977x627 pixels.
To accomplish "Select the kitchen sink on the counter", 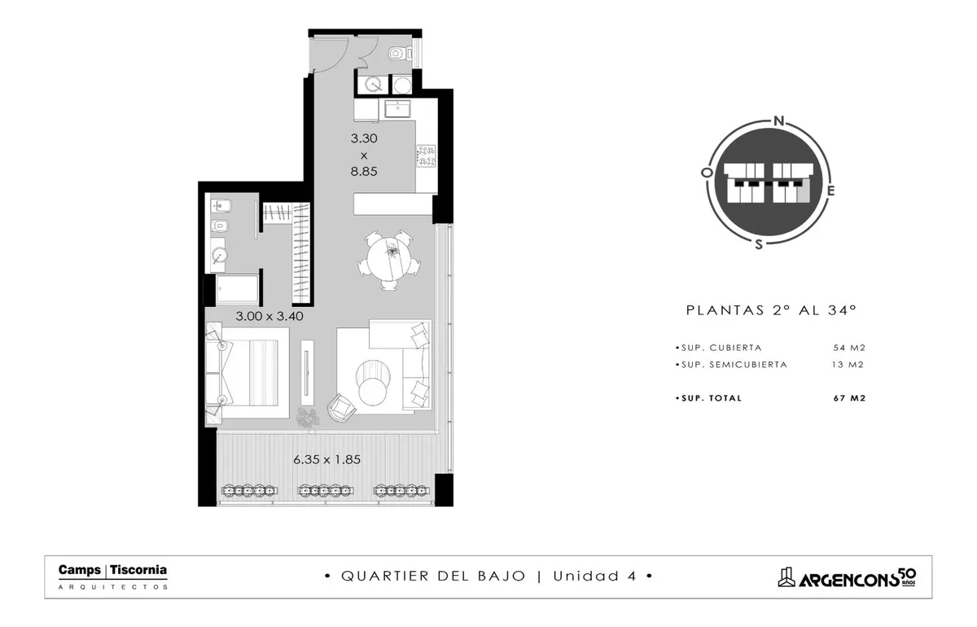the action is (397, 108).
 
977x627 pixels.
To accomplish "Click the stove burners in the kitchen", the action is (426, 156).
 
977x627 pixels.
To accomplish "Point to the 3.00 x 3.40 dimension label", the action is (269, 316).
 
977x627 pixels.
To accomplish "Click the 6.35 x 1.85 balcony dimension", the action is (326, 459).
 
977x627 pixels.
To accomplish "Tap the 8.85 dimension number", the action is (364, 171).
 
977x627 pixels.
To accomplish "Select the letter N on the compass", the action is (779, 121).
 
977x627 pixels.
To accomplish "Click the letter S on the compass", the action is (759, 244).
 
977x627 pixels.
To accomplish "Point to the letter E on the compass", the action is (830, 191).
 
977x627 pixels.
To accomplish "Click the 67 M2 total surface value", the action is (849, 398).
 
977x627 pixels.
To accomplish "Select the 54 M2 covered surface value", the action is (849, 348).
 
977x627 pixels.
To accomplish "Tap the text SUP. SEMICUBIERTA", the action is (734, 364).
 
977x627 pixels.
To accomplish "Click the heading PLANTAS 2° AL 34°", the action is (771, 309).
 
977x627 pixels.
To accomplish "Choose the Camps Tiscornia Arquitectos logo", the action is (112, 577).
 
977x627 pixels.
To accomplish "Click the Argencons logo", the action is (847, 577).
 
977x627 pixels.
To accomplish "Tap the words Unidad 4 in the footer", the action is (594, 576).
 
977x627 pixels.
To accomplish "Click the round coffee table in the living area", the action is (372, 391).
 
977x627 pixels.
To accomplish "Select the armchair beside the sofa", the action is (341, 407).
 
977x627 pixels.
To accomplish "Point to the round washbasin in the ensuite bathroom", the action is (219, 256).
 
